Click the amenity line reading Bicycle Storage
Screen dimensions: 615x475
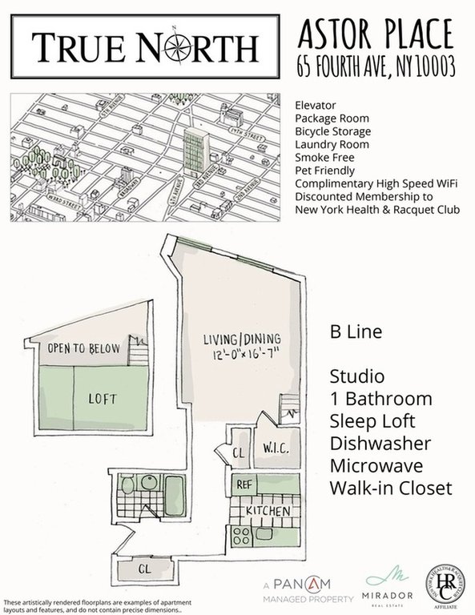(332, 131)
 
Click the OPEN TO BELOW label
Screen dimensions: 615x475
(83, 348)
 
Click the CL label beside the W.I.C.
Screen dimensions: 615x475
(238, 453)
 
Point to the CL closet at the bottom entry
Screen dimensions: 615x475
(143, 570)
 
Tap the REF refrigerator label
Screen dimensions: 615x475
(244, 484)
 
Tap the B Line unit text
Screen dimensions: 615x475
(355, 332)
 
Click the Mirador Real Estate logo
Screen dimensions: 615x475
(388, 586)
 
